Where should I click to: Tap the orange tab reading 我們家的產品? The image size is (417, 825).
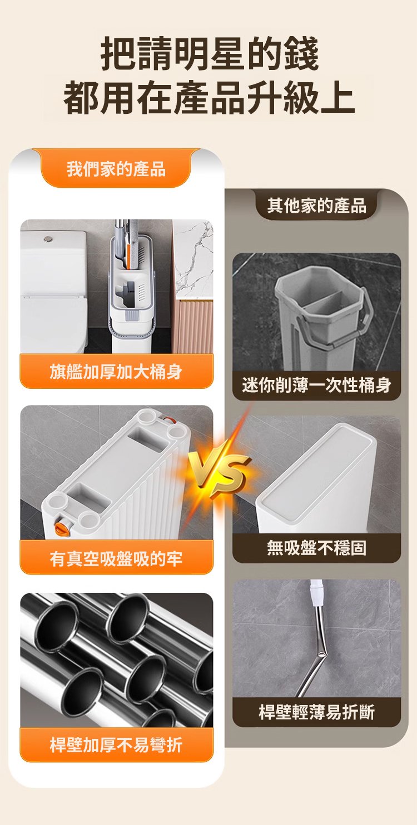point(116,169)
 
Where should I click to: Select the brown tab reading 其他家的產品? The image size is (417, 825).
point(316,205)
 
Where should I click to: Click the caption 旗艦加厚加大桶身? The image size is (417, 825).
point(116,372)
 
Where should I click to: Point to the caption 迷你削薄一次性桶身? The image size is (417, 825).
point(316,385)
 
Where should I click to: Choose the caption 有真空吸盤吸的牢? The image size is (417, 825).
point(116,558)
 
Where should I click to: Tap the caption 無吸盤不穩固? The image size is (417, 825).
point(316,548)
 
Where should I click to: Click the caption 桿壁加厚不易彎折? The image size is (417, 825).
point(116,744)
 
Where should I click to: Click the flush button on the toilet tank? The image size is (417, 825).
point(47,239)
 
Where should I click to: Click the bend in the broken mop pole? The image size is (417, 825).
point(322,653)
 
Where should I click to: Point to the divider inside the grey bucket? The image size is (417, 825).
point(320,302)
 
